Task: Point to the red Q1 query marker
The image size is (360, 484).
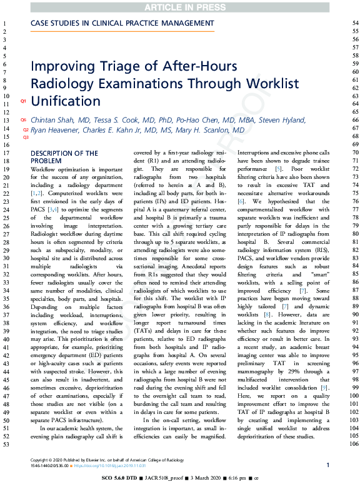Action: [23, 101]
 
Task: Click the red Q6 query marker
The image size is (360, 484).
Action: [23, 120]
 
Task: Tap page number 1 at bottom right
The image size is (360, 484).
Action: [328, 465]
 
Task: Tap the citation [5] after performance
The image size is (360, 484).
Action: [270, 169]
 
